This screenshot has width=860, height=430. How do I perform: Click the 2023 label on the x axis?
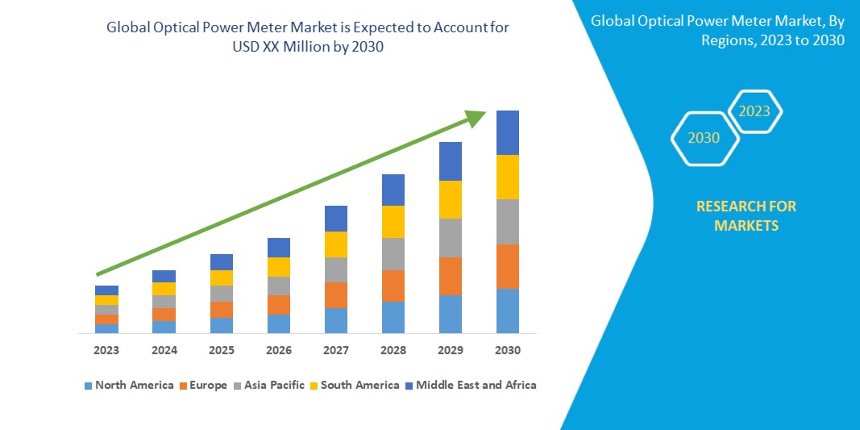(x=106, y=350)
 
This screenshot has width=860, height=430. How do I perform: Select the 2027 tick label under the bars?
(x=335, y=350)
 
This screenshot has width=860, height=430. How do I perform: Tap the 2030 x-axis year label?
(x=507, y=350)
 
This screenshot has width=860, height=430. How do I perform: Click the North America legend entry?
(x=128, y=385)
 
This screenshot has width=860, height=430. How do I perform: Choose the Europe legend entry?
(x=202, y=385)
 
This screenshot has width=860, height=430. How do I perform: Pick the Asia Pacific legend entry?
(x=268, y=385)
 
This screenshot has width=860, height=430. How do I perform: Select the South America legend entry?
(x=354, y=385)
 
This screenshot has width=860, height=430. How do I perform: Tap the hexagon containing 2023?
(x=754, y=111)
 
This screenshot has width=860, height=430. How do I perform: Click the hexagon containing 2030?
(x=704, y=138)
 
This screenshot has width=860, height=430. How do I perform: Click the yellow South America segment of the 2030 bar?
(x=507, y=177)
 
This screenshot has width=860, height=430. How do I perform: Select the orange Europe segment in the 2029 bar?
(x=450, y=276)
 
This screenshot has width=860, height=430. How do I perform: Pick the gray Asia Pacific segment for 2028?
(x=393, y=253)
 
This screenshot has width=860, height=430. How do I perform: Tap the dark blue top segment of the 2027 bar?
(x=335, y=218)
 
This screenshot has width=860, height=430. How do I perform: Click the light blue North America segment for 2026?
(x=278, y=324)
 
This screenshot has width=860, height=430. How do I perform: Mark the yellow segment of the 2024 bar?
(x=164, y=288)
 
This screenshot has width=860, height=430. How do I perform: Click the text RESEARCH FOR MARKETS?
(x=746, y=215)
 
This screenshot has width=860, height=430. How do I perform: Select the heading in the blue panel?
(x=717, y=31)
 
